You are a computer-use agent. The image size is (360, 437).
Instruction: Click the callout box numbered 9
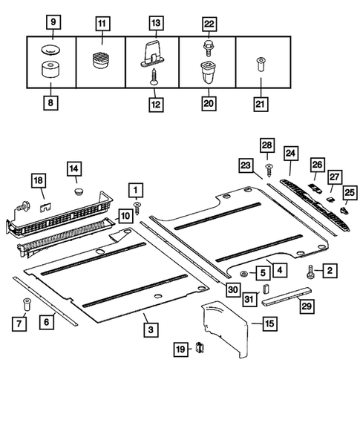[x=52, y=24]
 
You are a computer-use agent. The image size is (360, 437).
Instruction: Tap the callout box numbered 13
[x=155, y=24]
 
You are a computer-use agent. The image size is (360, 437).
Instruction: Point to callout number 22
[x=208, y=24]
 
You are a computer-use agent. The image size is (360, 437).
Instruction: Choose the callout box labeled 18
[x=39, y=180]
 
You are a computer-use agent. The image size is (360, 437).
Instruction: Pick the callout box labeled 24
[x=289, y=153]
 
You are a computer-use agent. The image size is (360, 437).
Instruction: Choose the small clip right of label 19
[x=200, y=347]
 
